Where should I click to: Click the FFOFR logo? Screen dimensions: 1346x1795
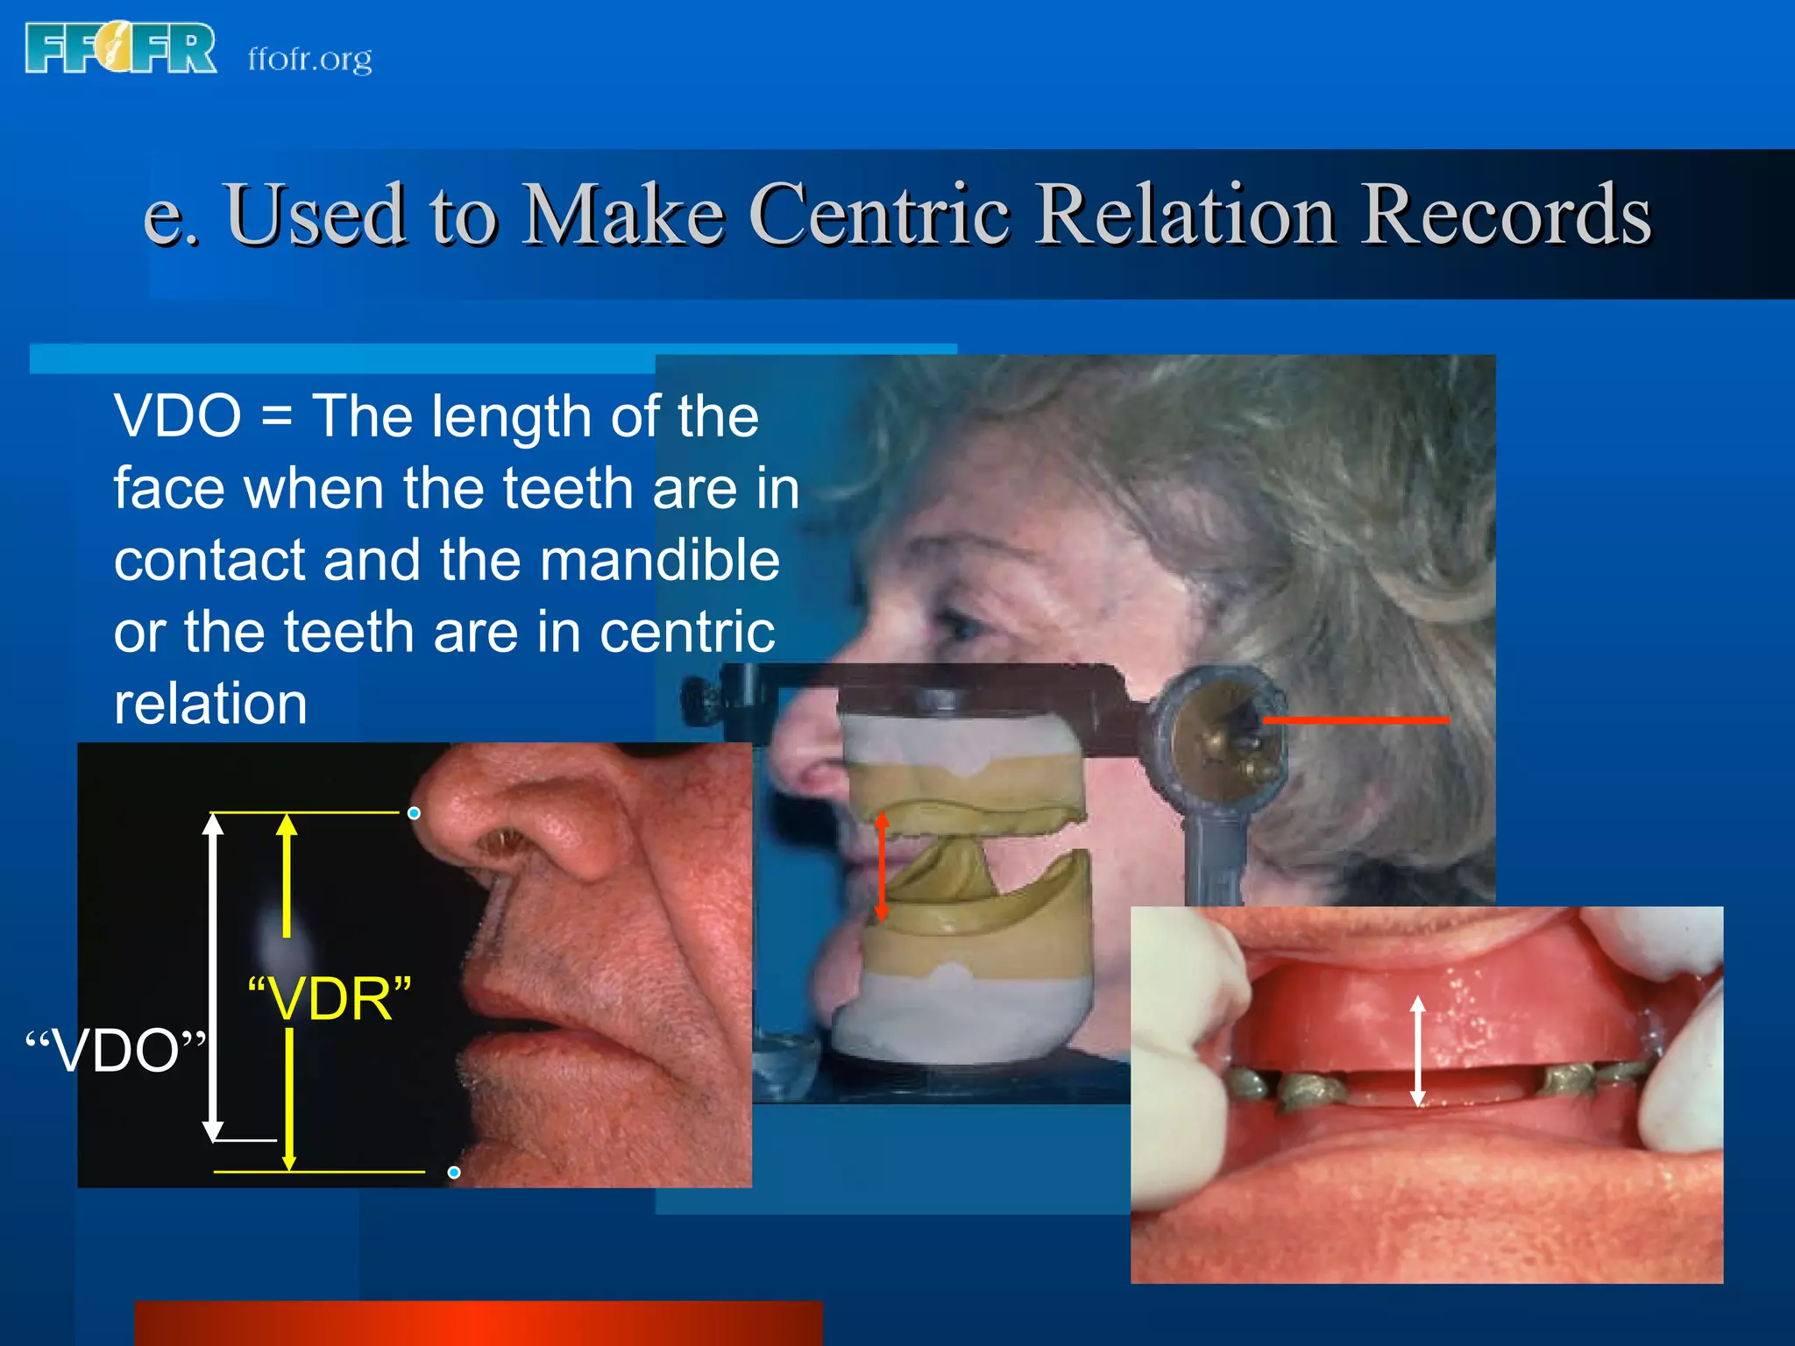(x=121, y=48)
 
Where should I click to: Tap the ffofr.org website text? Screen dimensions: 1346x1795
(x=309, y=60)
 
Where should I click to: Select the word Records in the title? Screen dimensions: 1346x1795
(x=1505, y=215)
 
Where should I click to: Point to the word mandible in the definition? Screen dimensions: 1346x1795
(x=659, y=561)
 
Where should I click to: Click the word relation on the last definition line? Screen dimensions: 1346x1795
(x=210, y=705)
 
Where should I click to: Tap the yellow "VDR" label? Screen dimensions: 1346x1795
(x=330, y=999)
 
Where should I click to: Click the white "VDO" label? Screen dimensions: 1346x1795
(x=116, y=1051)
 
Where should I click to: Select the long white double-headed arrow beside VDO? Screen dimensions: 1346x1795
(x=213, y=977)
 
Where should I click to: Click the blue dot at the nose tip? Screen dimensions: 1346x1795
(x=414, y=813)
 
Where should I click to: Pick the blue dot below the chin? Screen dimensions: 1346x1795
(x=454, y=1172)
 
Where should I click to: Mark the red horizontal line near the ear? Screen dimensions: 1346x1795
(x=1355, y=720)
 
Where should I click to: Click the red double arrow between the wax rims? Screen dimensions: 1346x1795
(x=882, y=866)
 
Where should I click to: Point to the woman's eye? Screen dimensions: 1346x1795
(x=962, y=626)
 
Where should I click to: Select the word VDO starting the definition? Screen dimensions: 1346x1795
(x=177, y=416)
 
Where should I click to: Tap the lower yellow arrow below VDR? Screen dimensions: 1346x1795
(x=289, y=1100)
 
